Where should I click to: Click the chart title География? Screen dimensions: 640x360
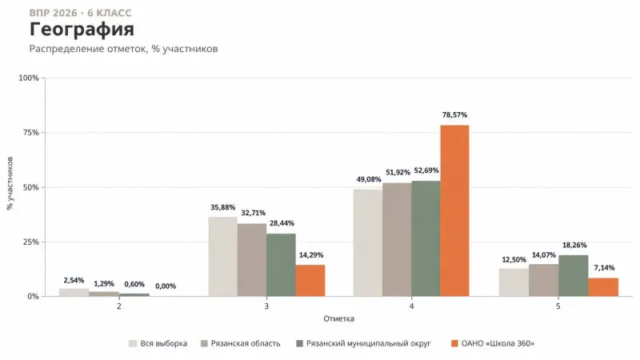[82, 30]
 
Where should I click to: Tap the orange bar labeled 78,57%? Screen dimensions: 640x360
[454, 210]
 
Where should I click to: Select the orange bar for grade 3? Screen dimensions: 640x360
[310, 281]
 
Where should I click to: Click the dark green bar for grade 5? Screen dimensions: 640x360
[574, 275]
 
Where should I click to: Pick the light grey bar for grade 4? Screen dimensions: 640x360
[368, 243]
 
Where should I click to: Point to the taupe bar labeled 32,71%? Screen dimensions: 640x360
[252, 260]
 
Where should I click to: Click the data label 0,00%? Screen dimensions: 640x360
[166, 286]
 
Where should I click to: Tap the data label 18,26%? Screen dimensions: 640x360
[574, 245]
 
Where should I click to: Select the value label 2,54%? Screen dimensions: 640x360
[74, 280]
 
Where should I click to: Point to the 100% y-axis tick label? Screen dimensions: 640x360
[29, 78]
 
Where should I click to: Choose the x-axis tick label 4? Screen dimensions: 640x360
[411, 306]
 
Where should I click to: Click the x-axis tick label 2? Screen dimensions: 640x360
[118, 306]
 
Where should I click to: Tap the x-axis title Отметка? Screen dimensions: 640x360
[338, 318]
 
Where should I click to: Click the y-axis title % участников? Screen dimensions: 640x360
[10, 183]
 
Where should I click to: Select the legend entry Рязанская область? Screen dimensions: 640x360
[241, 343]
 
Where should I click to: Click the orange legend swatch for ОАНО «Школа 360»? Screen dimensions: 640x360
[454, 343]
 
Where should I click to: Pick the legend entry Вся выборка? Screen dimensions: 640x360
[158, 343]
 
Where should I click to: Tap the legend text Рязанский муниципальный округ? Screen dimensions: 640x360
[369, 343]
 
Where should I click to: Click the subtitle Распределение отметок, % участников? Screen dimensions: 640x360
[124, 49]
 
